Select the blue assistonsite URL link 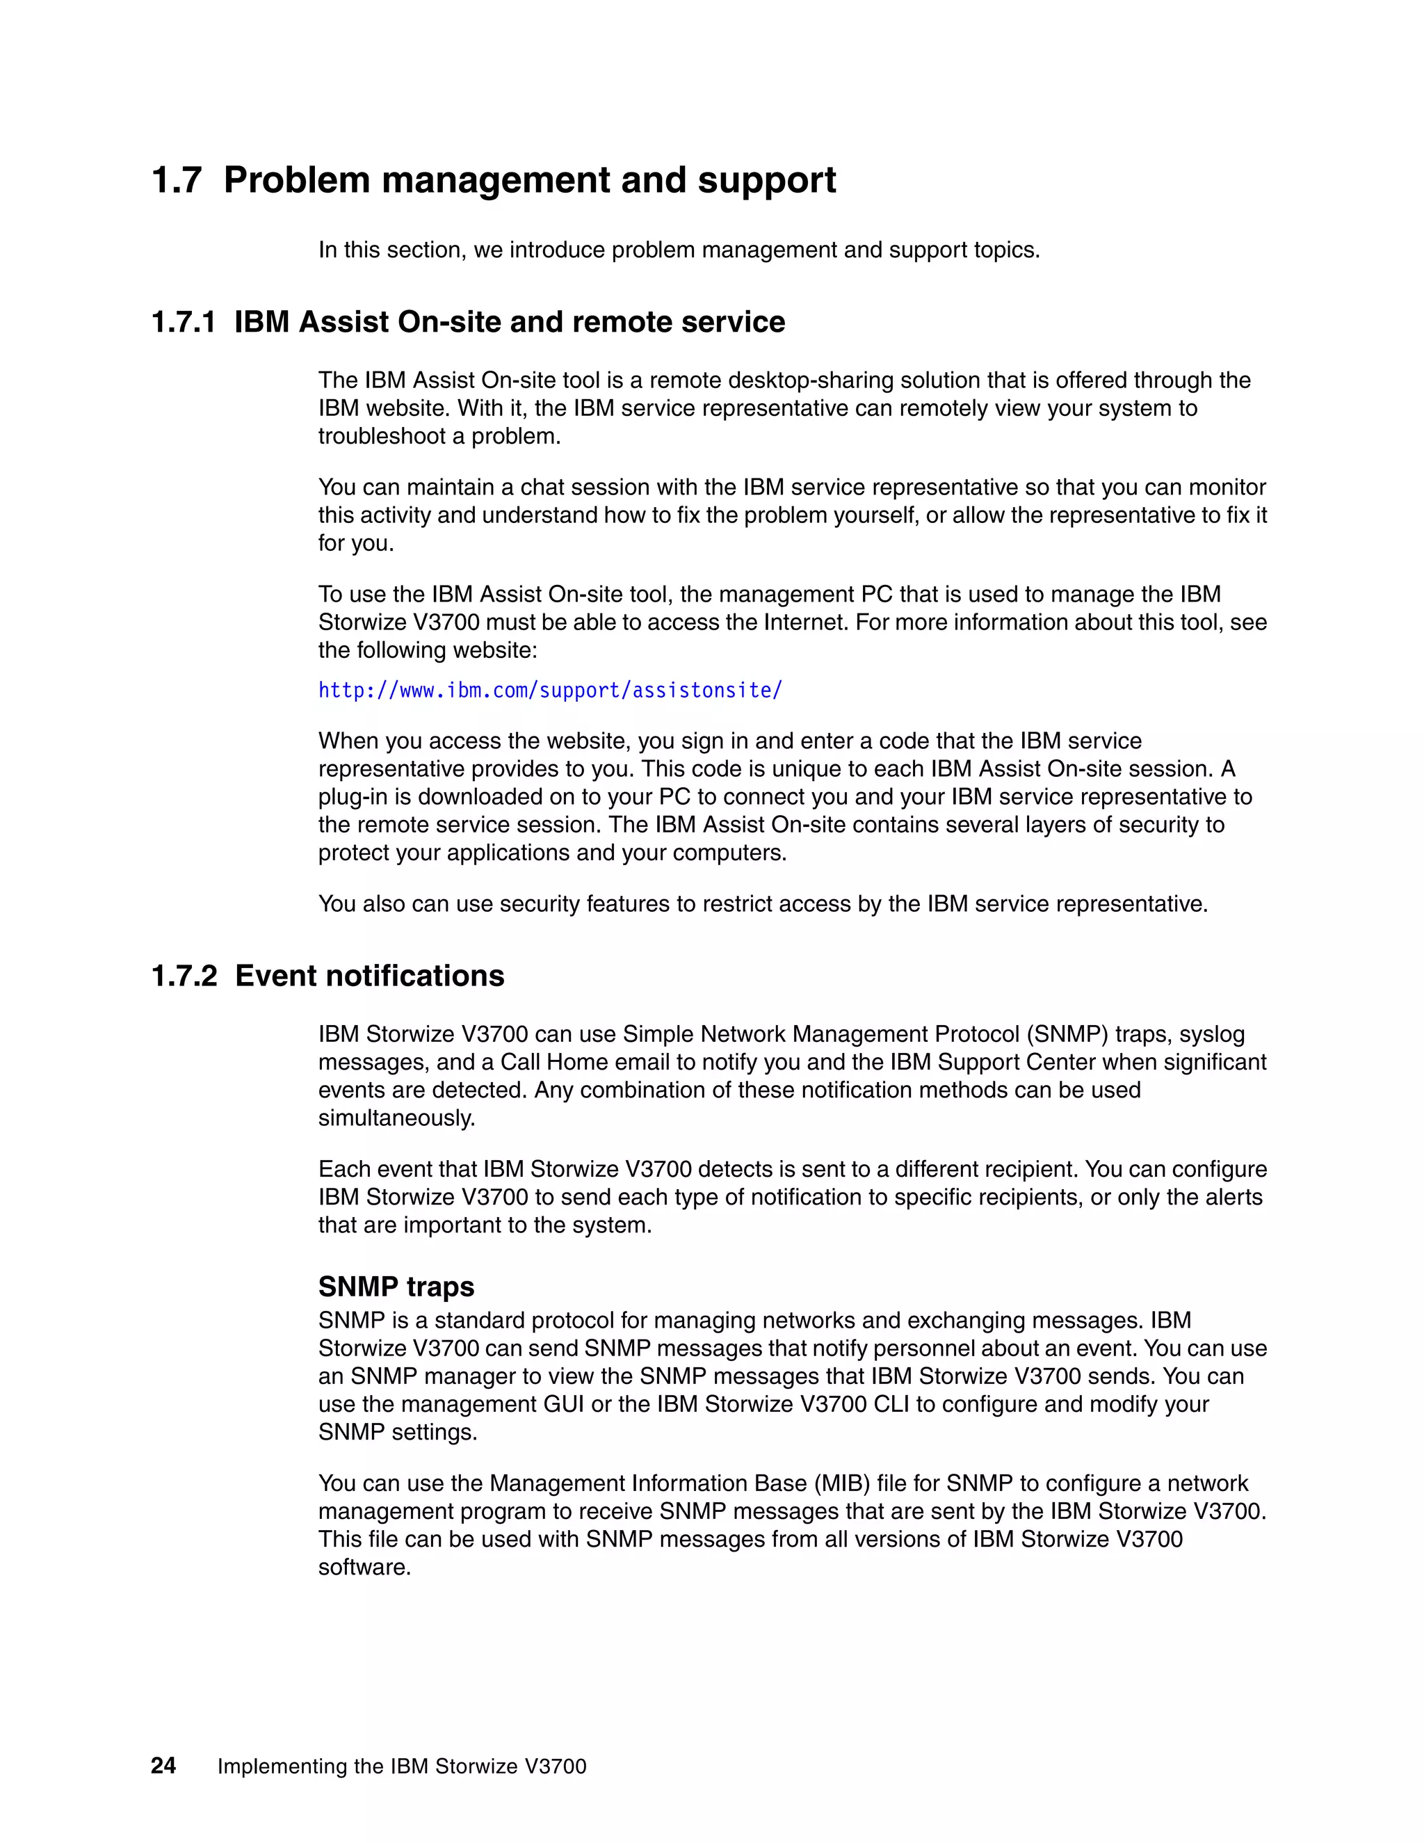550,691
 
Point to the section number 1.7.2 184,976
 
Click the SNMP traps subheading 396,1286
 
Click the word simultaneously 396,1118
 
